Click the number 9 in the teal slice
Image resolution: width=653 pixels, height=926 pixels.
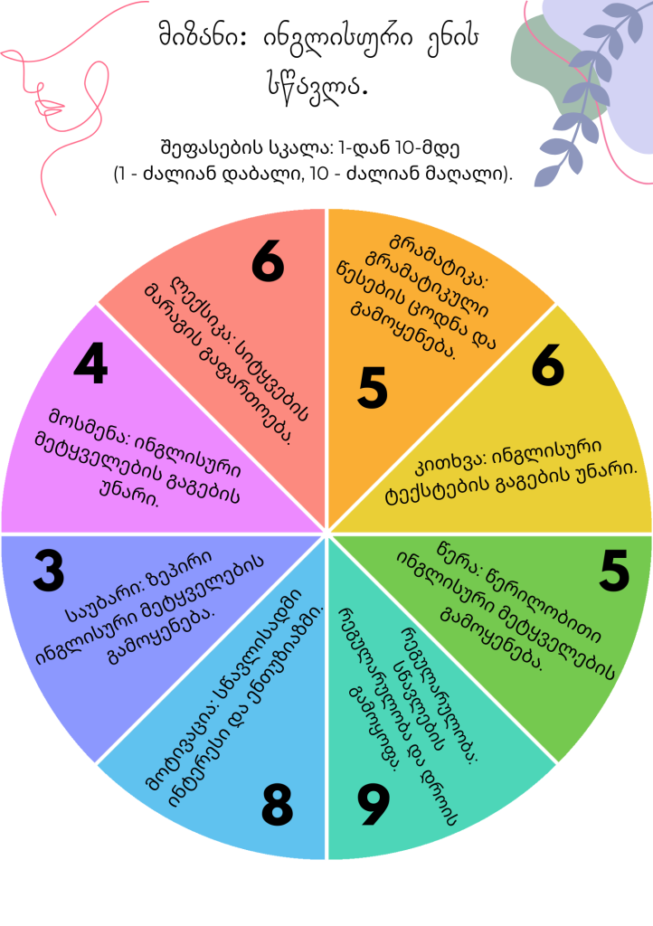pos(373,805)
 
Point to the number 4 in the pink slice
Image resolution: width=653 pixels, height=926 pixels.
pos(90,364)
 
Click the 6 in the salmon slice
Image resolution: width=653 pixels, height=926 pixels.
pos(268,262)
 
